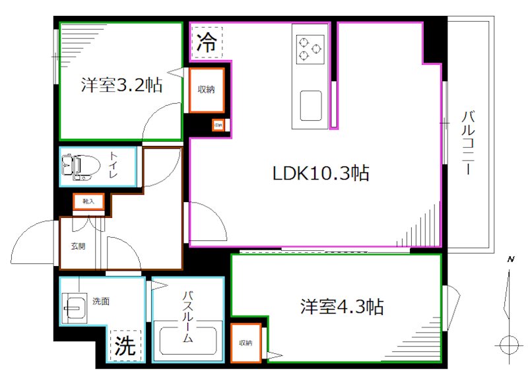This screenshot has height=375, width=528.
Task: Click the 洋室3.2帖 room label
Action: [122, 86]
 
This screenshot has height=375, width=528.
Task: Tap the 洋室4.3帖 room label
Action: [342, 307]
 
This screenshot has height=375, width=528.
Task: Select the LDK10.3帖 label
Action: [321, 174]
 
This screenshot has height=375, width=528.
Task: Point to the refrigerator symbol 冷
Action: [207, 44]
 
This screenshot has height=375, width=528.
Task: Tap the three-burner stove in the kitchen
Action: [309, 48]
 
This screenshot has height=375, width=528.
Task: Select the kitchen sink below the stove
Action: [311, 105]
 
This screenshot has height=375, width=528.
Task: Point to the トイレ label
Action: [115, 165]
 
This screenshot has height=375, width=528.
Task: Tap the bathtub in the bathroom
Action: [189, 341]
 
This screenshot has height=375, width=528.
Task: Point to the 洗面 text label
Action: [101, 302]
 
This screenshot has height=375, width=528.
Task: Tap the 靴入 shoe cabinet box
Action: [88, 202]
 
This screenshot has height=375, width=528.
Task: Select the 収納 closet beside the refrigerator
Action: [207, 90]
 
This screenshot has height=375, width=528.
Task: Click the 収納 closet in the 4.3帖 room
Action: [246, 343]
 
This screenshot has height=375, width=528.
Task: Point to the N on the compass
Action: [510, 259]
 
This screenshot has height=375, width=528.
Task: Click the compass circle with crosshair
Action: [509, 345]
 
